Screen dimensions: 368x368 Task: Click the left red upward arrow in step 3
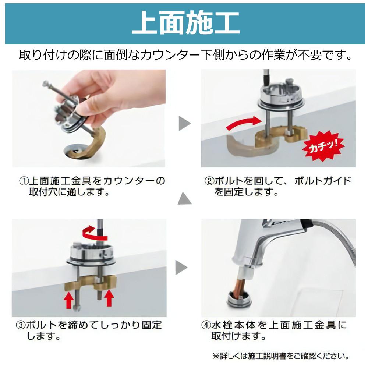pyautogui.click(x=69, y=300)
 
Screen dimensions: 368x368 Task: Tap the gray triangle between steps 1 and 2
pyautogui.click(x=184, y=123)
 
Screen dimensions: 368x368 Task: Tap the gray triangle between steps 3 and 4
pyautogui.click(x=181, y=267)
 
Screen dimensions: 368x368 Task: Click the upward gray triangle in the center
pyautogui.click(x=184, y=199)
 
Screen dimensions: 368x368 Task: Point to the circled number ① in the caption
pyautogui.click(x=24, y=181)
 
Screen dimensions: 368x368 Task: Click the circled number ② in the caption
pyautogui.click(x=209, y=181)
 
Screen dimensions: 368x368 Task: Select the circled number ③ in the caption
pyautogui.click(x=20, y=325)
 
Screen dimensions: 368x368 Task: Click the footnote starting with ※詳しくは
pyautogui.click(x=281, y=356)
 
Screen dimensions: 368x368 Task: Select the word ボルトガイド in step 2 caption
pyautogui.click(x=322, y=181)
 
